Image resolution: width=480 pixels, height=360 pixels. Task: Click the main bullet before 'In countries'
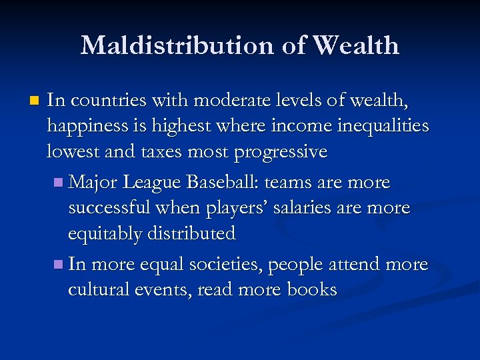tap(35, 101)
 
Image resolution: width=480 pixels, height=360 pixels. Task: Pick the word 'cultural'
tap(96, 290)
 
